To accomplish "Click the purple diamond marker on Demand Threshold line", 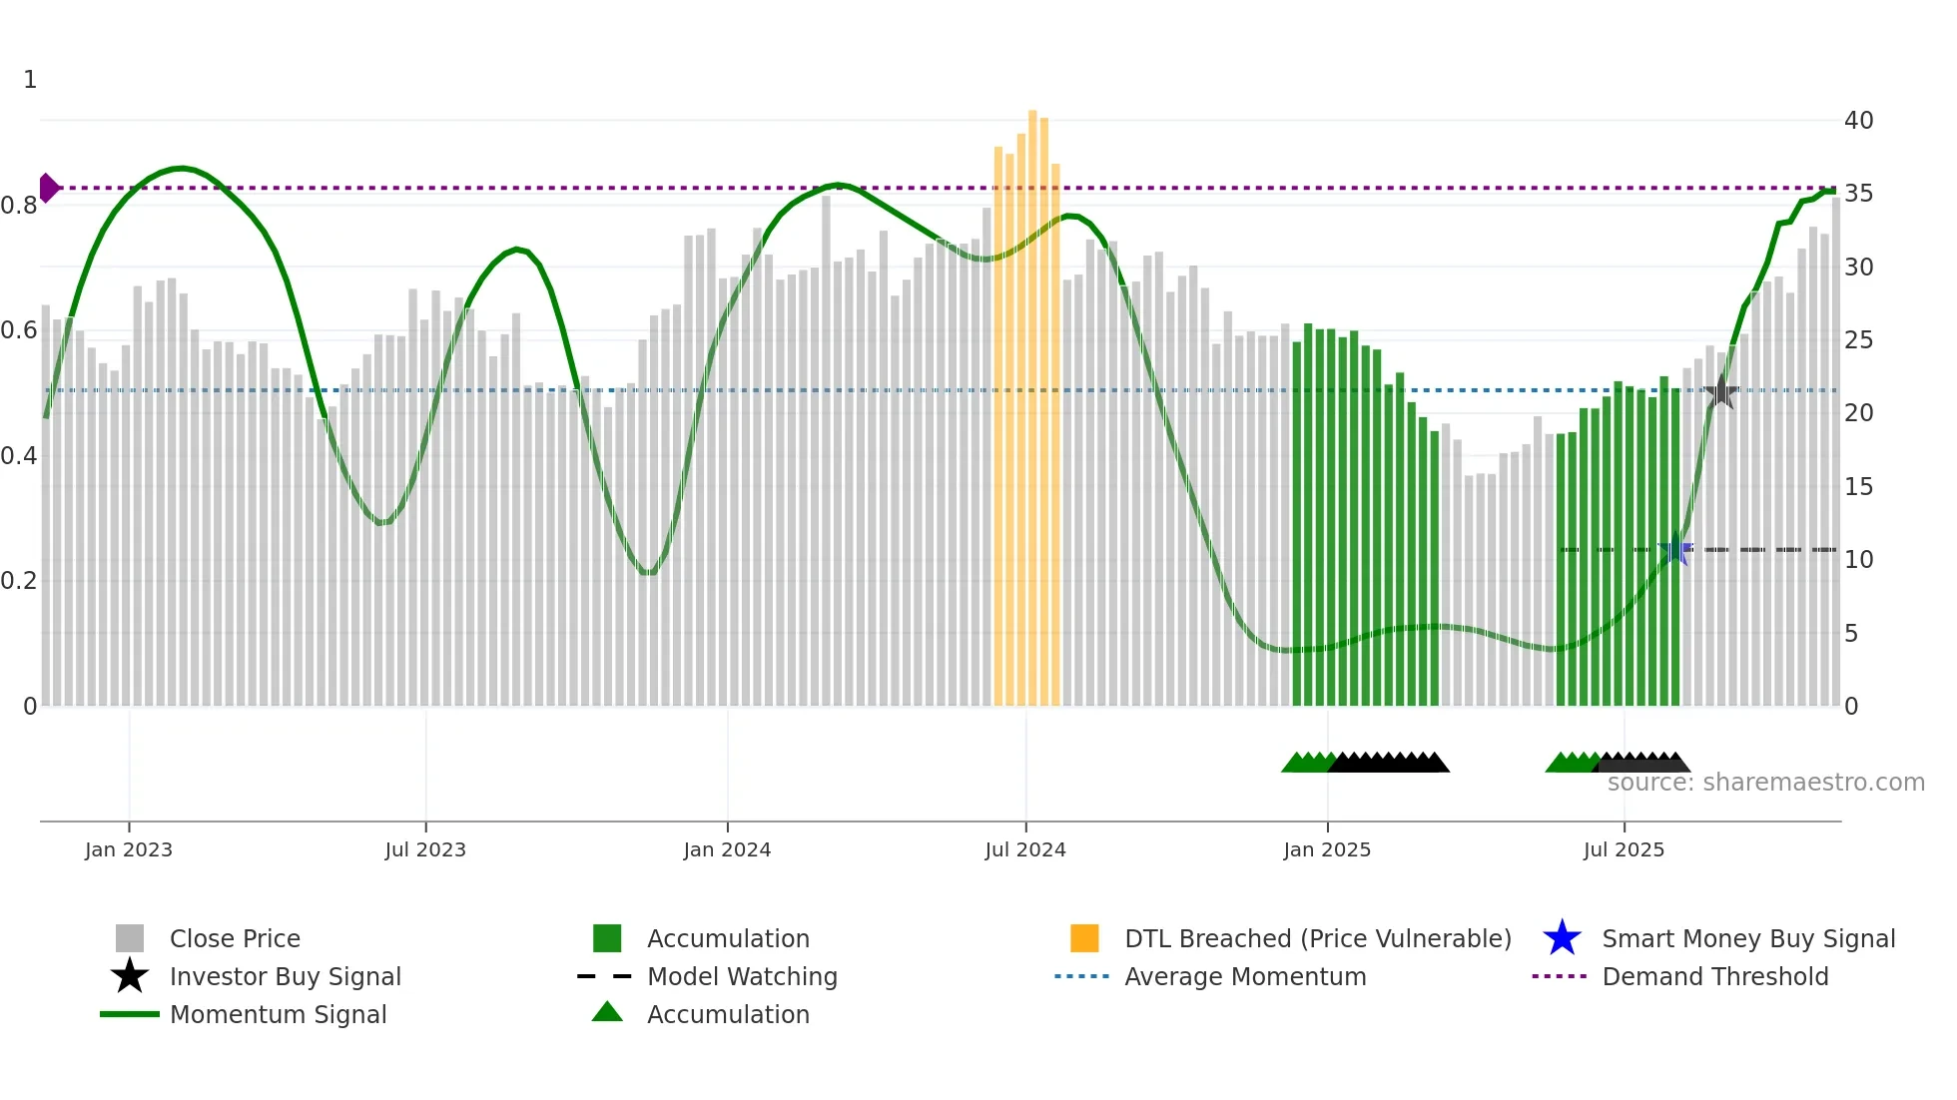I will (x=48, y=188).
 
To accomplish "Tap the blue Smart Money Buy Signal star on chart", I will (x=1675, y=549).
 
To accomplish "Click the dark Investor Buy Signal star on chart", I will (x=1720, y=392).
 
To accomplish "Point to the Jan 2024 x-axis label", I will (x=727, y=849).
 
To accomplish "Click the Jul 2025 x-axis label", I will (x=1624, y=849).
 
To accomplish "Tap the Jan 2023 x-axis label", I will (x=129, y=849).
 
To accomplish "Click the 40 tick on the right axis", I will (x=1858, y=121).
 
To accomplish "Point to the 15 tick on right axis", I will (x=1858, y=487).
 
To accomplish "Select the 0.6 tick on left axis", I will (x=20, y=330).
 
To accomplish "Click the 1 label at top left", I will (x=30, y=80).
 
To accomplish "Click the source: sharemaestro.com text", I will (x=1765, y=783).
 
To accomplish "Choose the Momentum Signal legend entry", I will (x=278, y=1015).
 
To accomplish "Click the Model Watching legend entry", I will (x=742, y=977).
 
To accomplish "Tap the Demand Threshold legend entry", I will (x=1714, y=977).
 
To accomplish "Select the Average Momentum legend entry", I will (x=1244, y=977).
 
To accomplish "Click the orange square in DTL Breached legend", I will (x=1084, y=938).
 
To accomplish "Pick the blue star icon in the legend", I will (x=1562, y=938).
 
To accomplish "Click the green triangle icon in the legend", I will (x=607, y=1013).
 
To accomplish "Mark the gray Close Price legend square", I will (x=130, y=938).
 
